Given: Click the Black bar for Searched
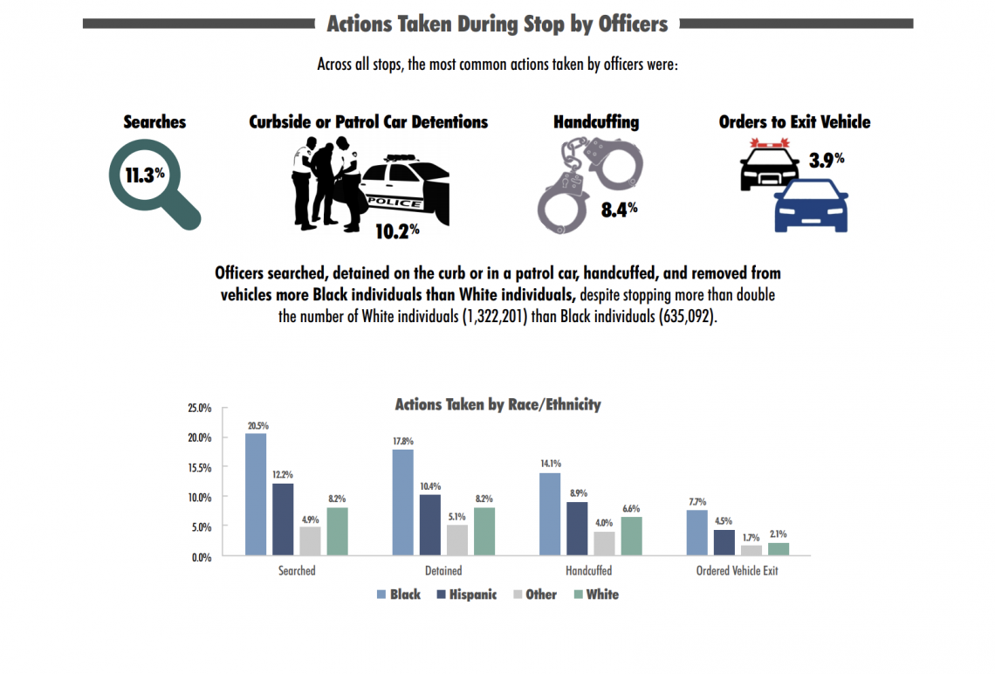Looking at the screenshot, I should click(256, 494).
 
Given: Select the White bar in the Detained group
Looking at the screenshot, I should click(484, 531).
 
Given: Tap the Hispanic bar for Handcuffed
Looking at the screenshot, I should click(577, 528).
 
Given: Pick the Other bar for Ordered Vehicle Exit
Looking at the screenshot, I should click(751, 550).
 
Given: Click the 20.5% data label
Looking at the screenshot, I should click(257, 426).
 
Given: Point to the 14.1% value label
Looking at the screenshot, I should click(551, 464).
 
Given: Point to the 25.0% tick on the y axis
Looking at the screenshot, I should click(200, 408).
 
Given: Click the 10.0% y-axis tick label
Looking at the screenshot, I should click(200, 498).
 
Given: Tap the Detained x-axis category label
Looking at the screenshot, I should click(443, 571).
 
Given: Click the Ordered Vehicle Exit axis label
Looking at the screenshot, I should click(737, 571).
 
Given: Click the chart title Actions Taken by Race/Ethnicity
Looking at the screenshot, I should click(497, 404).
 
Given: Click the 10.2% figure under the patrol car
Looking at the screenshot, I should click(397, 231).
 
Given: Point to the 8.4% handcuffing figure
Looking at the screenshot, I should click(619, 209).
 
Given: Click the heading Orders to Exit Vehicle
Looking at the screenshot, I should click(794, 121).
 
